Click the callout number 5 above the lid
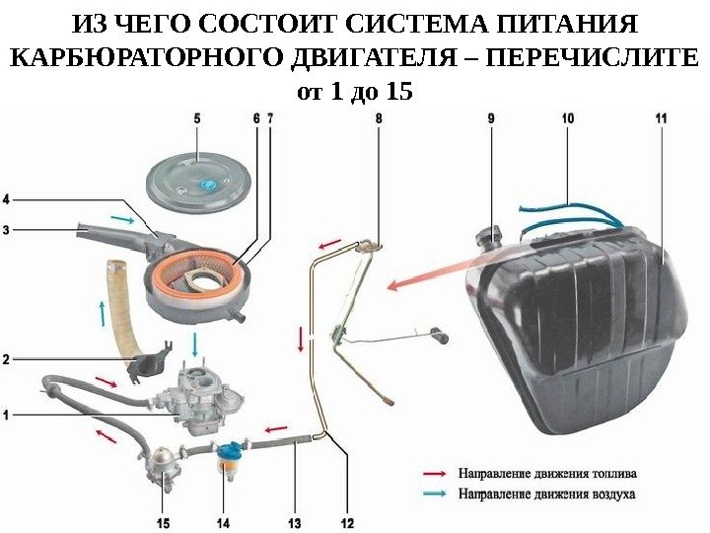pyautogui.click(x=195, y=117)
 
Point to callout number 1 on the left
pyautogui.click(x=7, y=416)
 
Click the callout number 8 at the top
pyautogui.click(x=381, y=117)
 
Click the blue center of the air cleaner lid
pyautogui.click(x=208, y=185)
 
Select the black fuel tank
pyautogui.click(x=582, y=316)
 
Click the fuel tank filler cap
pyautogui.click(x=488, y=237)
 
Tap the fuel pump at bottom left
pyautogui.click(x=162, y=465)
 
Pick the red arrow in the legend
pyautogui.click(x=437, y=472)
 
